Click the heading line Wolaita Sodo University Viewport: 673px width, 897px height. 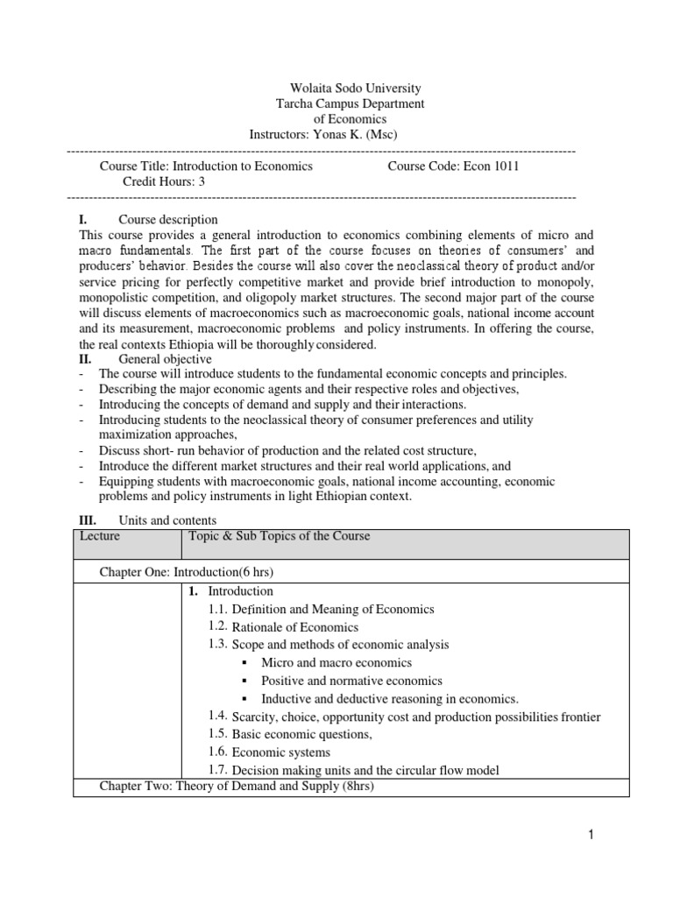coord(355,88)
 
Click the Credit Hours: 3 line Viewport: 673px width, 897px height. coord(162,181)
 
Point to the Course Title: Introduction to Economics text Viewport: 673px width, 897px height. coord(206,166)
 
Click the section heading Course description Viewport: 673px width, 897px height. coord(168,219)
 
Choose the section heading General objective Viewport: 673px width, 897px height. coord(166,359)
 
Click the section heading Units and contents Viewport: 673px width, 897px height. coord(167,520)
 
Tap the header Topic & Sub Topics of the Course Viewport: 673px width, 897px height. coord(280,536)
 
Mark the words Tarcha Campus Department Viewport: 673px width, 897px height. coord(351,103)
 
